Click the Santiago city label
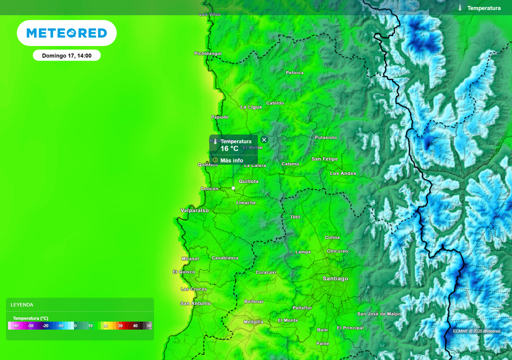[335, 278]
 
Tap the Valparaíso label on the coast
[194, 210]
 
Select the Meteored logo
[66, 33]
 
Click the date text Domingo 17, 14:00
[66, 55]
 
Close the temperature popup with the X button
[264, 139]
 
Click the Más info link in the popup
[231, 160]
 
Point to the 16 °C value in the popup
[229, 148]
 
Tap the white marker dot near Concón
[233, 188]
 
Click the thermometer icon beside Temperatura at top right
[459, 8]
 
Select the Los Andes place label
[343, 173]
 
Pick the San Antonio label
[195, 303]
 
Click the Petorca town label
[294, 73]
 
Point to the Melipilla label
[253, 322]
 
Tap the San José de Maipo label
[378, 314]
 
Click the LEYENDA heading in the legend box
[22, 304]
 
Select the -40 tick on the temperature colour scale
[15, 325]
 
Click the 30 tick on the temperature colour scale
[120, 325]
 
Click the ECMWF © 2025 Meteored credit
[476, 331]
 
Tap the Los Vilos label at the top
[209, 14]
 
